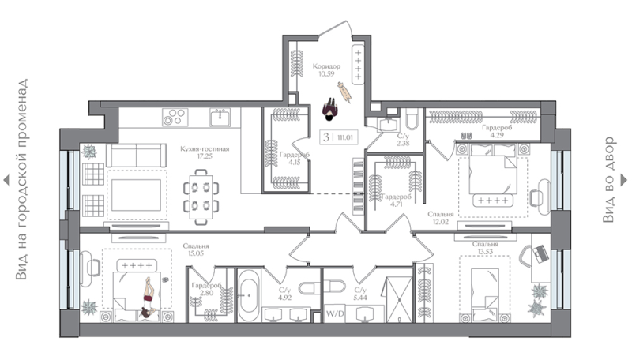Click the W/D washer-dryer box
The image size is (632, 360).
[x=335, y=313]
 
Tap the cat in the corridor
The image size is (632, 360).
[x=344, y=92]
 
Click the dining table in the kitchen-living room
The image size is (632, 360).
[x=201, y=197]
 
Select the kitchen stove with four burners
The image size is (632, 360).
[x=175, y=117]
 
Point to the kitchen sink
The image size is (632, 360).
[x=220, y=117]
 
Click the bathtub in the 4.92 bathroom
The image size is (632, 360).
[x=249, y=295]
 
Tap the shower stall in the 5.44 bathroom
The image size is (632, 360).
[x=399, y=299]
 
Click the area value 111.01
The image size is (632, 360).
[x=345, y=137]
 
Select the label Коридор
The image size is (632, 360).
[x=326, y=66]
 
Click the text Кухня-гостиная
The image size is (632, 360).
[x=205, y=149]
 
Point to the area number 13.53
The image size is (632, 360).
[x=485, y=252]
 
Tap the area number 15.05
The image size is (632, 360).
[x=195, y=253]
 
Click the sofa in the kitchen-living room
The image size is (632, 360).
[x=136, y=155]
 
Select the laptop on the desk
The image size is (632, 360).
[x=541, y=253]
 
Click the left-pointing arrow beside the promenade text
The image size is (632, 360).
[x=6, y=180]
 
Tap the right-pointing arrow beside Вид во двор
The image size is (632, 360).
[x=623, y=179]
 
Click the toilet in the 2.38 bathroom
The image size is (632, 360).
[x=412, y=117]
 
